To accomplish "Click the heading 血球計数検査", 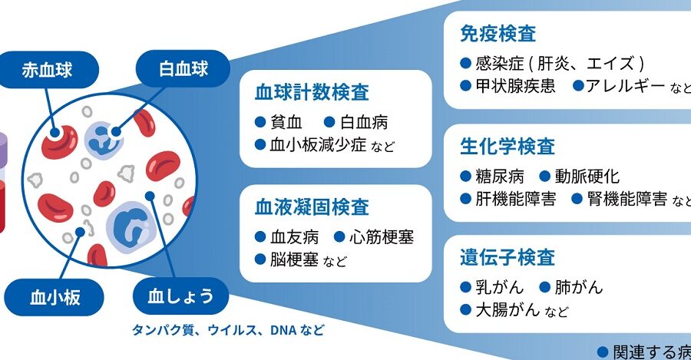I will [x=312, y=94].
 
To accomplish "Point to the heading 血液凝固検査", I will [x=312, y=207].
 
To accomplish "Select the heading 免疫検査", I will [x=498, y=34].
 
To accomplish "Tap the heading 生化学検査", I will [x=507, y=147].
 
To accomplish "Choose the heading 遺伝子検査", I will [x=507, y=256].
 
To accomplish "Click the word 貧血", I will [x=287, y=121].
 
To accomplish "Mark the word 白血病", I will [x=364, y=121].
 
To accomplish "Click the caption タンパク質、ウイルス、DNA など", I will [x=227, y=331].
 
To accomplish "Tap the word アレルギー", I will [x=624, y=86].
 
